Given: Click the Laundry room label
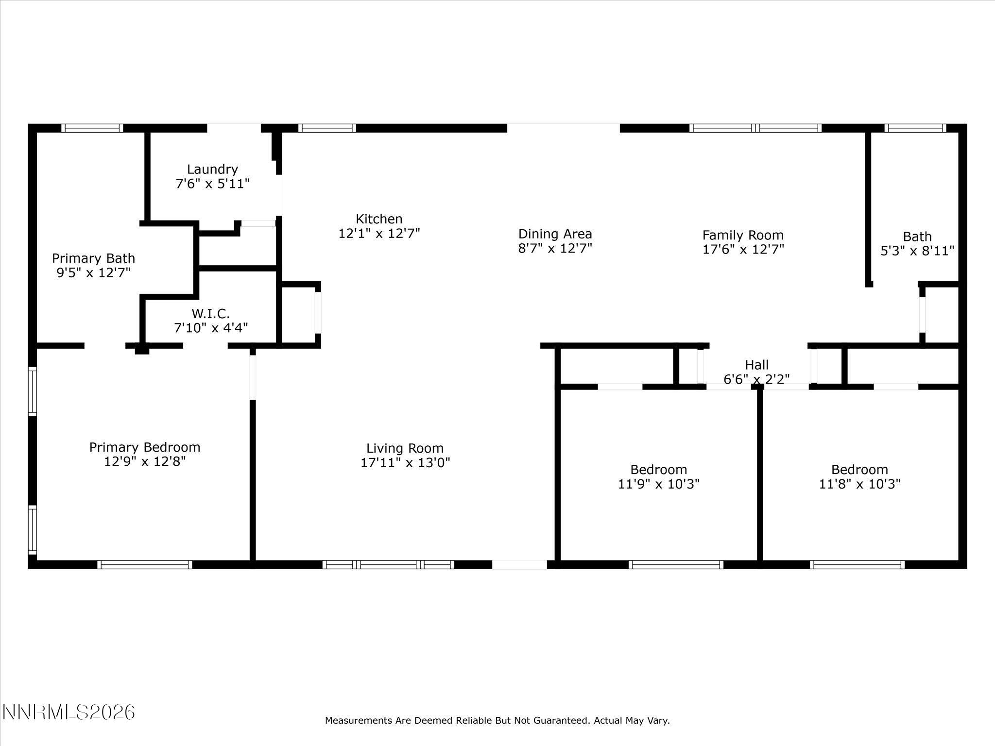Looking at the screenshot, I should pyautogui.click(x=212, y=170).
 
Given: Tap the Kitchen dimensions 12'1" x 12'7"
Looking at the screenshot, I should pyautogui.click(x=379, y=234).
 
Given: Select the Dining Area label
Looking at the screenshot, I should pyautogui.click(x=555, y=234).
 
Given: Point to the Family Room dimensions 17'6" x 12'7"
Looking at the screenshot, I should pyautogui.click(x=743, y=250).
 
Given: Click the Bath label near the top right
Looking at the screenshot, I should pyautogui.click(x=917, y=237).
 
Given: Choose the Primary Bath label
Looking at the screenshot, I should pyautogui.click(x=93, y=258).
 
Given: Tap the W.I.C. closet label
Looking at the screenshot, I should pyautogui.click(x=210, y=313).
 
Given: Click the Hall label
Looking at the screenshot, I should pyautogui.click(x=756, y=365).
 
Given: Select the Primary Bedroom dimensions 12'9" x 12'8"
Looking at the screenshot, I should pyautogui.click(x=145, y=461).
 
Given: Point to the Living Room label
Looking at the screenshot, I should pyautogui.click(x=405, y=448).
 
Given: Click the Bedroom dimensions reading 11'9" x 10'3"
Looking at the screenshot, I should pyautogui.click(x=658, y=484).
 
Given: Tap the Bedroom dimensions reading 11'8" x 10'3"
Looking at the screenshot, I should pyautogui.click(x=859, y=484).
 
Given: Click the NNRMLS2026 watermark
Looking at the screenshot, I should pyautogui.click(x=69, y=712).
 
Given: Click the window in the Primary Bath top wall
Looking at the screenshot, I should pyautogui.click(x=92, y=128).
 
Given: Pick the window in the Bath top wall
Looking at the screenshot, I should pyautogui.click(x=915, y=128).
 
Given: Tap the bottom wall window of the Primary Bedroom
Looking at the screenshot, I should pyautogui.click(x=144, y=564).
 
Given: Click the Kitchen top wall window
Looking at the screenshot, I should pyautogui.click(x=327, y=128).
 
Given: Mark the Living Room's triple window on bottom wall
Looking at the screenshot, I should pyautogui.click(x=388, y=564).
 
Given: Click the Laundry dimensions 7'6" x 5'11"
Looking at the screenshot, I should pyautogui.click(x=212, y=184).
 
